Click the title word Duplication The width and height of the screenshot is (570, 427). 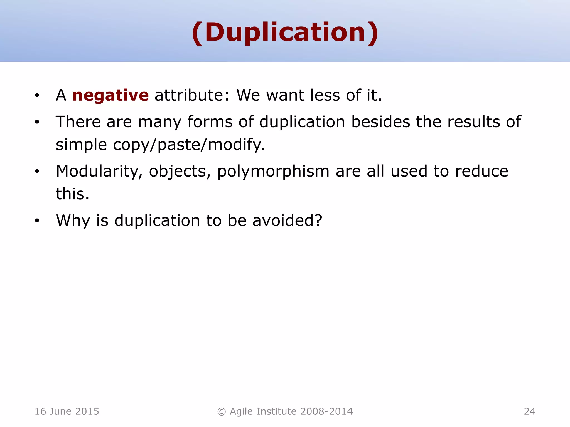pyautogui.click(x=285, y=33)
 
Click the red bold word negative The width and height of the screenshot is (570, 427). pyautogui.click(x=110, y=95)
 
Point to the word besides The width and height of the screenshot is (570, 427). pyautogui.click(x=380, y=122)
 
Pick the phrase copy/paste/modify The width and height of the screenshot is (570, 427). pyautogui.click(x=189, y=145)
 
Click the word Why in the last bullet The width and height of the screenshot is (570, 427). pyautogui.click(x=73, y=221)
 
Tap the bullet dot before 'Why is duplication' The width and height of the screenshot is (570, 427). pyautogui.click(x=37, y=221)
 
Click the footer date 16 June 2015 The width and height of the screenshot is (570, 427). pyautogui.click(x=67, y=411)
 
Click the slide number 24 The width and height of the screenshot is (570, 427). pyautogui.click(x=529, y=411)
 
